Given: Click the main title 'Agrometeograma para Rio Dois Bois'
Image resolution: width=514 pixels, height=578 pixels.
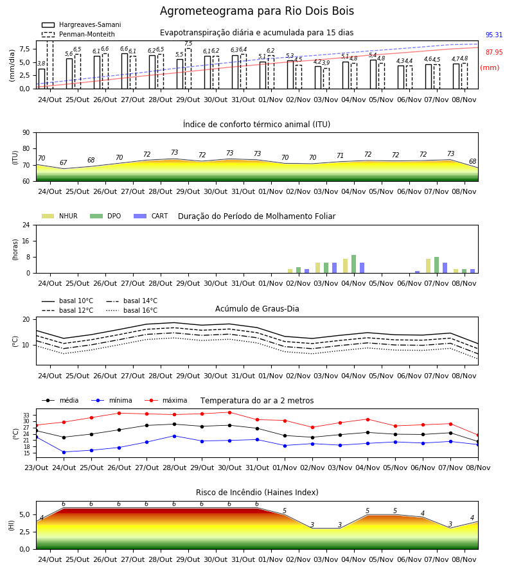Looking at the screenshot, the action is tap(256, 11).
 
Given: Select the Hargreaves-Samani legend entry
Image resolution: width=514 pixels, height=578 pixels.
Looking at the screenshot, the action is tap(81, 24).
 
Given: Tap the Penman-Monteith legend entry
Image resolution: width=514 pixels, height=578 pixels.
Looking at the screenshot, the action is tap(78, 34).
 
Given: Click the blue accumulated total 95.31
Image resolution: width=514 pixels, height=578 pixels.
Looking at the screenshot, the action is tap(493, 35).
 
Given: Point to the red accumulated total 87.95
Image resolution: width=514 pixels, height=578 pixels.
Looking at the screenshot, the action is tap(493, 53).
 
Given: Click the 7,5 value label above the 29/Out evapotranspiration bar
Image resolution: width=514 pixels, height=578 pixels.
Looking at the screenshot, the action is tap(188, 44).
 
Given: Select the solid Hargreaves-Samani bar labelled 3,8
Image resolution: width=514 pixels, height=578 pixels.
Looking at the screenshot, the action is tap(42, 78).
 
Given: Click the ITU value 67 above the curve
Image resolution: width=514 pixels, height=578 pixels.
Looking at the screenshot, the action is tap(64, 162).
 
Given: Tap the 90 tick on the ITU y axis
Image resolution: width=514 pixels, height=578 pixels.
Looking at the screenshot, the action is tap(26, 133).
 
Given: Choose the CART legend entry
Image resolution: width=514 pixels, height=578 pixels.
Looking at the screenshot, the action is tap(151, 216).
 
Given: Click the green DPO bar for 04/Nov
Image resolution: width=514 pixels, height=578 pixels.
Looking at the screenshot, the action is tap(353, 264).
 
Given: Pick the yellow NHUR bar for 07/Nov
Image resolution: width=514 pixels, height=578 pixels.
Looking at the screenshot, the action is tap(428, 266).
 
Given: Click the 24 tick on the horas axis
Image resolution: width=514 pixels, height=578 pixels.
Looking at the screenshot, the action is tap(26, 225).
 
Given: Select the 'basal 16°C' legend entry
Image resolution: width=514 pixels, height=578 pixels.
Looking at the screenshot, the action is tap(132, 310).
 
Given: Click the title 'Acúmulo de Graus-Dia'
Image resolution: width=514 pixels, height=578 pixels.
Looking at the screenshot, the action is tap(257, 308).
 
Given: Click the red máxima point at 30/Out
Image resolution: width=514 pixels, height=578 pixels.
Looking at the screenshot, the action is tap(230, 412).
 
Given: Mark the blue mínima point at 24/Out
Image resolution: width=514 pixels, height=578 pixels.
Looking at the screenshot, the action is tap(64, 452).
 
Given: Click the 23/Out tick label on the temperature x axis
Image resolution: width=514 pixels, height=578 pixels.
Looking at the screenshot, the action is tap(36, 468).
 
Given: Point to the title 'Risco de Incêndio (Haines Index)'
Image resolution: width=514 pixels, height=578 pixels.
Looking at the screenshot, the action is tap(257, 492).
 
